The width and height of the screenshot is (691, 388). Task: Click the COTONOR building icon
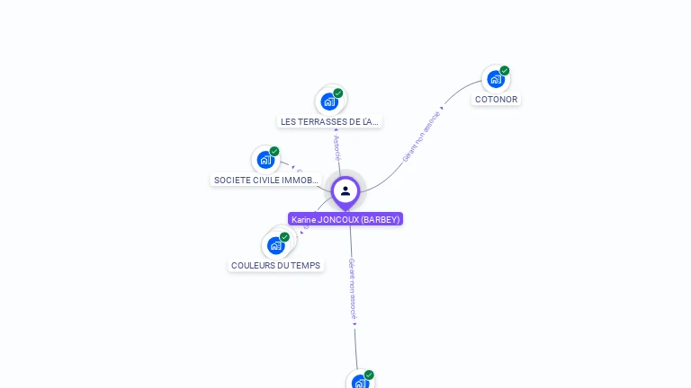pyautogui.click(x=495, y=79)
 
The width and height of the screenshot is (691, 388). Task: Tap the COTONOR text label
pyautogui.click(x=496, y=100)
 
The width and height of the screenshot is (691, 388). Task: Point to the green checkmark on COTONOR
pyautogui.click(x=505, y=70)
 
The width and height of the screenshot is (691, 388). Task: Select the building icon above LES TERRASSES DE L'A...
pyautogui.click(x=329, y=101)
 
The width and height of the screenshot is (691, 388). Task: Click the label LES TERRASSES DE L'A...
pyautogui.click(x=329, y=121)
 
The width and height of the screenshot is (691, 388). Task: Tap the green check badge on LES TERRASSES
pyautogui.click(x=338, y=93)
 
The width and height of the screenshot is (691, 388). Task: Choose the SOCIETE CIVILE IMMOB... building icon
pyautogui.click(x=265, y=160)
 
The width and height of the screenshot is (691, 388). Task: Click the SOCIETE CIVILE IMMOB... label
pyautogui.click(x=265, y=180)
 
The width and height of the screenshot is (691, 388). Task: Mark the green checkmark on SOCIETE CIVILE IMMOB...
pyautogui.click(x=274, y=151)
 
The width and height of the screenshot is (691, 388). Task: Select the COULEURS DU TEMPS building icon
pyautogui.click(x=275, y=245)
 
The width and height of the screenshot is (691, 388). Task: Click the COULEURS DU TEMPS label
pyautogui.click(x=276, y=265)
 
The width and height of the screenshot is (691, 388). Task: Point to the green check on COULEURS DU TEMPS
pyautogui.click(x=284, y=237)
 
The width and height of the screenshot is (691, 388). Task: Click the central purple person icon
pyautogui.click(x=345, y=190)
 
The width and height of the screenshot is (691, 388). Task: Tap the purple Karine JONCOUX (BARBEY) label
pyautogui.click(x=345, y=219)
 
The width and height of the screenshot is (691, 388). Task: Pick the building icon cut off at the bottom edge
pyautogui.click(x=360, y=383)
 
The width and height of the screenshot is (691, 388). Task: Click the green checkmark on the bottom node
pyautogui.click(x=369, y=375)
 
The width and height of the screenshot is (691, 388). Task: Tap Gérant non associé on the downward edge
pyautogui.click(x=353, y=291)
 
